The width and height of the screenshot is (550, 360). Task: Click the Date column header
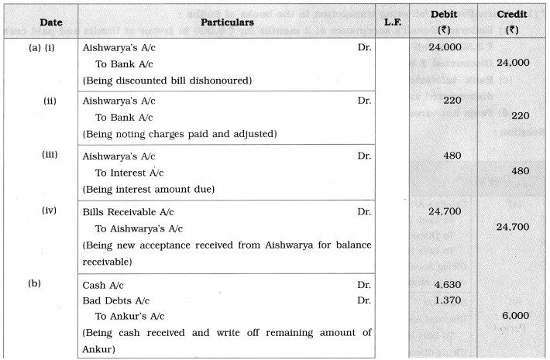[x=40, y=22]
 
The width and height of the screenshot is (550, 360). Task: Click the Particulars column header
[x=231, y=22]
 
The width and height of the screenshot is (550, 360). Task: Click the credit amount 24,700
[x=513, y=227]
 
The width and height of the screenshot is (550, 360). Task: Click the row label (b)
[x=34, y=284]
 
